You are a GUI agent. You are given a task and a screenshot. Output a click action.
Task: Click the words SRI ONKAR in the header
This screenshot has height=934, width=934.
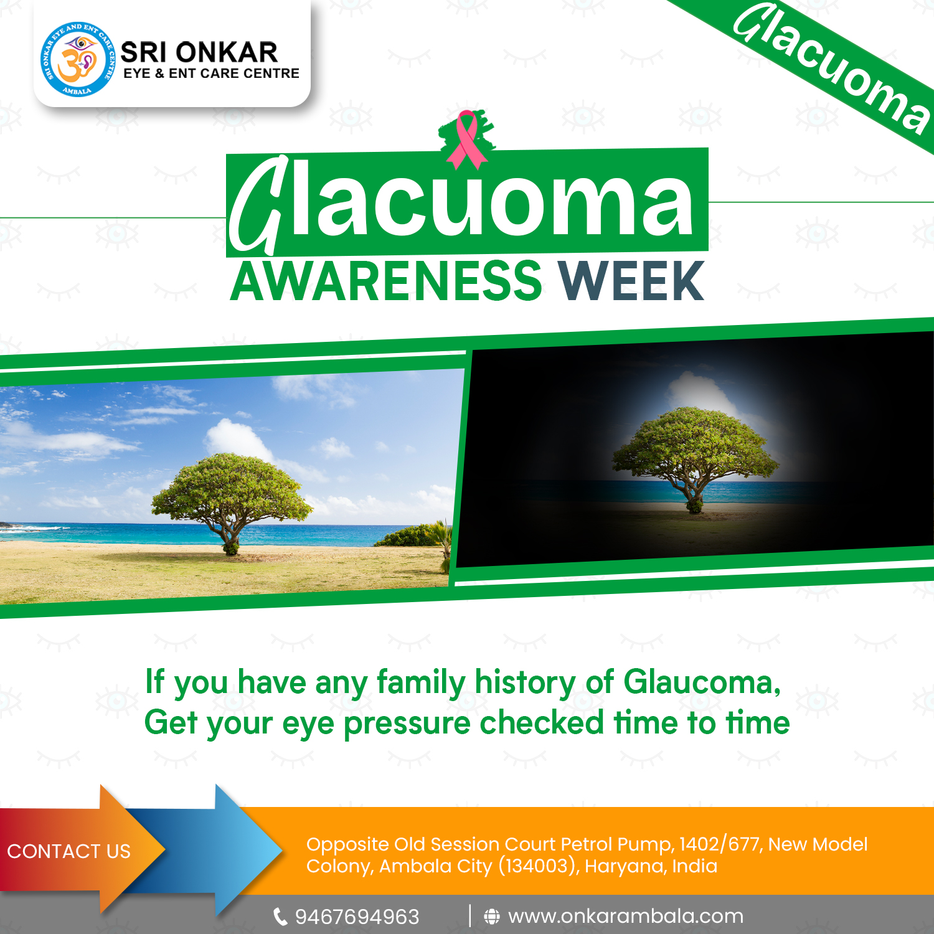click(199, 52)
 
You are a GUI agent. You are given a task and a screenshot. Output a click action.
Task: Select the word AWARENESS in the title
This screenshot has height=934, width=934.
click(387, 281)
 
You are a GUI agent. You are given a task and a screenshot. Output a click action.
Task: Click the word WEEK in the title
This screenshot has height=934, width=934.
click(631, 281)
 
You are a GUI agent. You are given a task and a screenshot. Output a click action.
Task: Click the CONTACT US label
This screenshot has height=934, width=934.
click(69, 851)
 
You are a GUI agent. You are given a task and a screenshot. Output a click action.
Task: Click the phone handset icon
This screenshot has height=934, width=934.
click(281, 917)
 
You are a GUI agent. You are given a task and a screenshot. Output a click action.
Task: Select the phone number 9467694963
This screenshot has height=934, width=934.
click(357, 917)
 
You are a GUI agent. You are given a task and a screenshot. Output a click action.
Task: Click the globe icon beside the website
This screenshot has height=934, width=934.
click(492, 917)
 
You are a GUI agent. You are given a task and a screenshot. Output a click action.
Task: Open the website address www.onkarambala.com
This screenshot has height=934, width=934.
click(626, 917)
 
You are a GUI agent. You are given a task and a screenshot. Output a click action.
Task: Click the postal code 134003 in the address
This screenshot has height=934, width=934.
click(537, 866)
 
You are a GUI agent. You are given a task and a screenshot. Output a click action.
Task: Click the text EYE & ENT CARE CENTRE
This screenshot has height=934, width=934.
click(212, 73)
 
